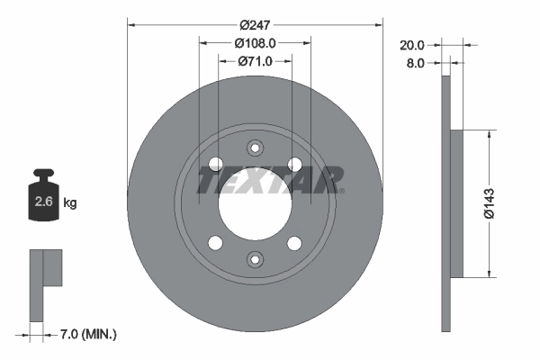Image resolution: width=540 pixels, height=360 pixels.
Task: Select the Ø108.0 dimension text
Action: (x=255, y=42)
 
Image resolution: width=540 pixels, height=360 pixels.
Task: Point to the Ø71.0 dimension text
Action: (x=256, y=61)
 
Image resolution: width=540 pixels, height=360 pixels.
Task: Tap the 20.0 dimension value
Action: (x=413, y=43)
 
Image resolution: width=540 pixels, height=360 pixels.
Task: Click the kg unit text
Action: (x=70, y=202)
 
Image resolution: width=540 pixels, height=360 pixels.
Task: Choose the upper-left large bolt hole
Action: (x=215, y=163)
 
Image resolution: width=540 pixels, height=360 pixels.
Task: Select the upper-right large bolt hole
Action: (x=294, y=163)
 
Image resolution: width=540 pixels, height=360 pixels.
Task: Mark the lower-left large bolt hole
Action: (x=215, y=243)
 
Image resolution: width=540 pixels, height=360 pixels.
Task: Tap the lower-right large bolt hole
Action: (x=294, y=243)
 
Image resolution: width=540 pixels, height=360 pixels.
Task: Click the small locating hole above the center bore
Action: (x=255, y=148)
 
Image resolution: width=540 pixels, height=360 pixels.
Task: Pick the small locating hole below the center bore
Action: (x=255, y=259)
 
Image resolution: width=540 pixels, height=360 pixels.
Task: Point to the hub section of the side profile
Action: (x=456, y=203)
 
